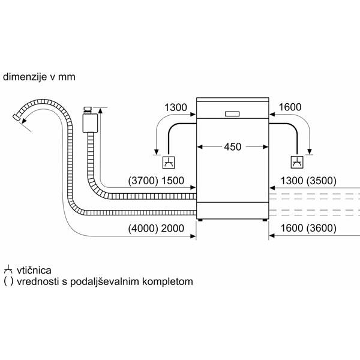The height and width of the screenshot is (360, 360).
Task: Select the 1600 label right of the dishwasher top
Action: click(289, 107)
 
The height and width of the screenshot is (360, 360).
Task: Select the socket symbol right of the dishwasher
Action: click(296, 161)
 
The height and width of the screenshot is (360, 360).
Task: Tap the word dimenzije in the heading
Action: click(23, 77)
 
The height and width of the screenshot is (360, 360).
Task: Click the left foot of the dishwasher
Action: click(200, 220)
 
